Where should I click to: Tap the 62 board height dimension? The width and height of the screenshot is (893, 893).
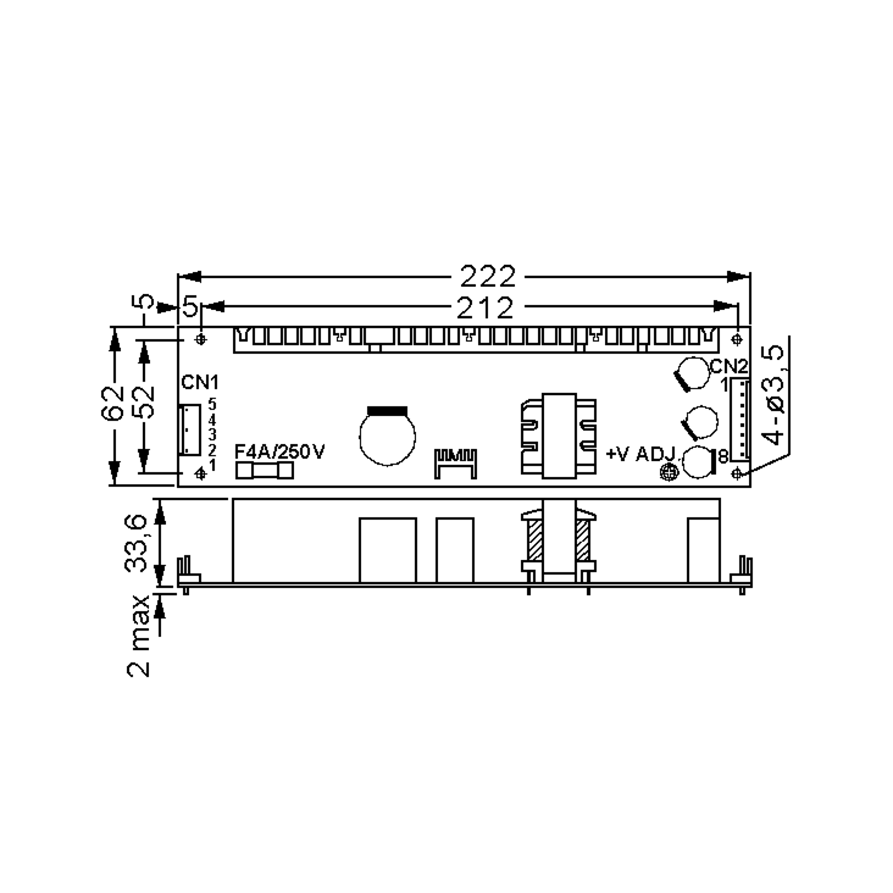click(x=113, y=404)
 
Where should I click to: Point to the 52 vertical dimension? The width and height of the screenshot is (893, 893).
click(x=144, y=402)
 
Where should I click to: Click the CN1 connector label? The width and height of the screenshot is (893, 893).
click(x=200, y=383)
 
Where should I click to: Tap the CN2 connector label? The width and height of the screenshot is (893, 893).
click(x=729, y=367)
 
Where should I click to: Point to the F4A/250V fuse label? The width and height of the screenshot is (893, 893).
click(x=280, y=452)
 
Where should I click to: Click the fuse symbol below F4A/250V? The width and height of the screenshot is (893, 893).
click(x=265, y=471)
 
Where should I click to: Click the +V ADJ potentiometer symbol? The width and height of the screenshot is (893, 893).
click(x=668, y=472)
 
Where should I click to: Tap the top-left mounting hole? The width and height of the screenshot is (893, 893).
click(x=201, y=339)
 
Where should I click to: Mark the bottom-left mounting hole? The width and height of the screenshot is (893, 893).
click(x=200, y=473)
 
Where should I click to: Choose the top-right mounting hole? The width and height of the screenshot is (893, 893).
click(x=737, y=340)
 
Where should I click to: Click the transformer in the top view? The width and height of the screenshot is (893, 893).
click(x=558, y=436)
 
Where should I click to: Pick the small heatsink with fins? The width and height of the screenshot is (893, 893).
click(x=455, y=463)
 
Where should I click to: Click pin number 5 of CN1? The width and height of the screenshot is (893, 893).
click(x=212, y=403)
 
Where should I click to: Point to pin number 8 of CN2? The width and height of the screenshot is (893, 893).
click(x=723, y=456)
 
